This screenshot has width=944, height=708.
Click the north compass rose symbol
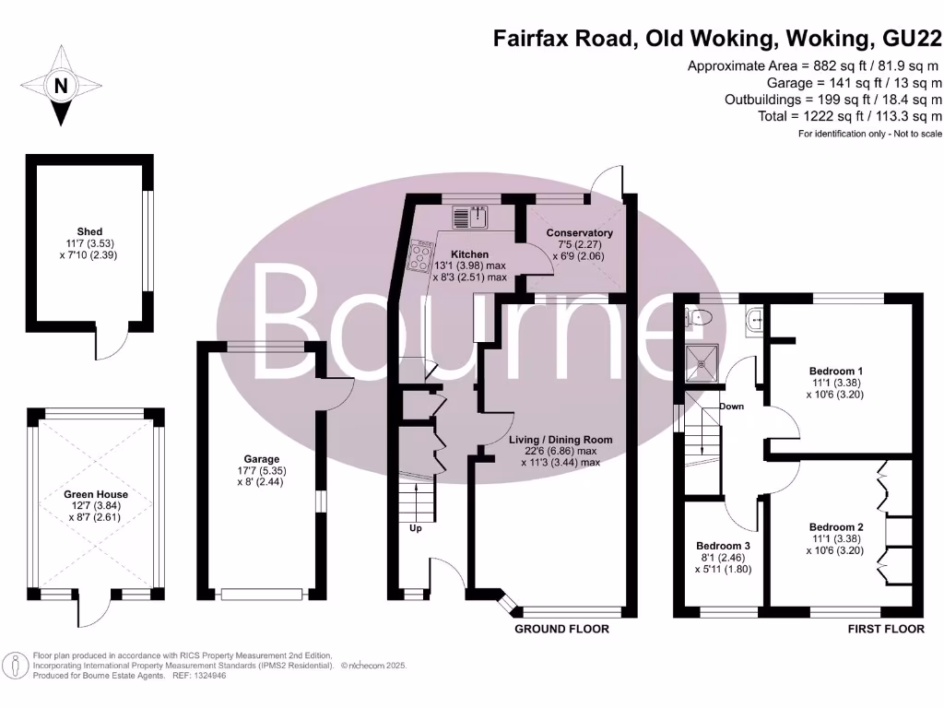click(x=61, y=87)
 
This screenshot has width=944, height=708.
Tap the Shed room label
click(x=90, y=231)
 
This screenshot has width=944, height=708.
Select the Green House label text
click(x=96, y=494)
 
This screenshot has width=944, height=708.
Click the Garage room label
click(x=262, y=459)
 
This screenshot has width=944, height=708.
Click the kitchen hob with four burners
click(x=420, y=255)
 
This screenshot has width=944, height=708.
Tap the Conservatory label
click(x=579, y=233)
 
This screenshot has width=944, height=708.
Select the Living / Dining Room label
click(x=560, y=440)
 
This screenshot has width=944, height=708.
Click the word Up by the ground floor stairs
click(x=416, y=529)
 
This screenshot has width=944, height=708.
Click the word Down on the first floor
click(x=732, y=406)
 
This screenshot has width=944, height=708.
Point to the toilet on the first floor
click(x=701, y=318)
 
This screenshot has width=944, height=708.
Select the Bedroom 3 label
click(x=723, y=546)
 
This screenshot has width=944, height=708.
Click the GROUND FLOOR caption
click(x=561, y=630)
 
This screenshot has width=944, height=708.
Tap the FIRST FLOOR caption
click(x=885, y=630)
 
